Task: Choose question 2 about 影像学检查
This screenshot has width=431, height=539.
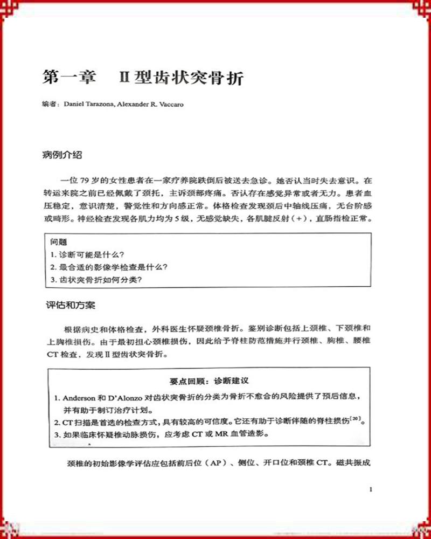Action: coord(108,267)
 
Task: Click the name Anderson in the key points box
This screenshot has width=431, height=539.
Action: coord(82,397)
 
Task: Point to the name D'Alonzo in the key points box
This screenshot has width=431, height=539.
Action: coord(127,397)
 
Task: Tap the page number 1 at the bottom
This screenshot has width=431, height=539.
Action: coord(371,489)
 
